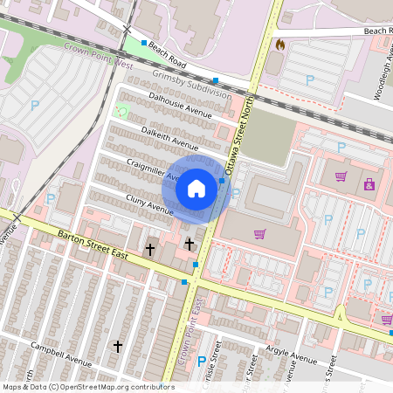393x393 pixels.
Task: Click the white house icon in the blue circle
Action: (196, 188)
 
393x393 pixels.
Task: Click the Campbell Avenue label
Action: (61, 353)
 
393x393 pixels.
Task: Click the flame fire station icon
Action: (279, 44)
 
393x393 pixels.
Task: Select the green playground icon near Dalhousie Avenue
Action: (121, 111)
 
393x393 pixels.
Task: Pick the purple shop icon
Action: (369, 183)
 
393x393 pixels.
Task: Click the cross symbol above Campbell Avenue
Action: (118, 347)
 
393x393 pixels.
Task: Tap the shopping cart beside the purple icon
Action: (341, 176)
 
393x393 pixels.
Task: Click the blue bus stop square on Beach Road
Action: (144, 42)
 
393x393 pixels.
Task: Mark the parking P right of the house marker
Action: (235, 193)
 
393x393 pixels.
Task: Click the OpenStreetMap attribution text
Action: (87, 387)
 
